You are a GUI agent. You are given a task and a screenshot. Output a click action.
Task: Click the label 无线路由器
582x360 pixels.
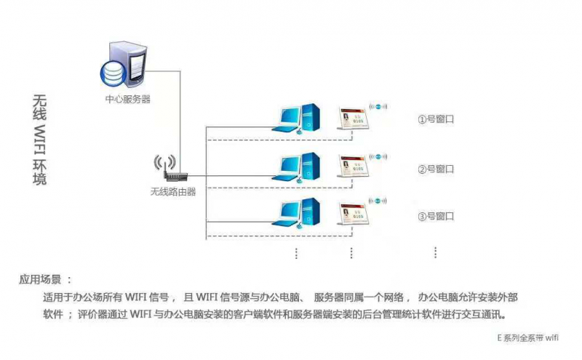pyautogui.click(x=172, y=191)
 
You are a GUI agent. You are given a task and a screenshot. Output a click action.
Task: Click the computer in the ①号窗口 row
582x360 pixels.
pyautogui.click(x=300, y=116)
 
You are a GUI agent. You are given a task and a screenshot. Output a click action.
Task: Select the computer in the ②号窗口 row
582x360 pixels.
pyautogui.click(x=300, y=165)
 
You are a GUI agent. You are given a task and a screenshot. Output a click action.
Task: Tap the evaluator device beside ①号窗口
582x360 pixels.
pyautogui.click(x=354, y=118)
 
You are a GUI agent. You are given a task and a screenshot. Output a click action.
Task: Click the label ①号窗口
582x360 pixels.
pyautogui.click(x=435, y=119)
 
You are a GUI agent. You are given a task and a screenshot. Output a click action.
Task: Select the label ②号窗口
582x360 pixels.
pyautogui.click(x=435, y=169)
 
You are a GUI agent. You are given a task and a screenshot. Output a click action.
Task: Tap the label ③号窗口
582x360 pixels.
pyautogui.click(x=435, y=216)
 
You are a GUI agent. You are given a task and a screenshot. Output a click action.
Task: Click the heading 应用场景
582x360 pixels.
pyautogui.click(x=45, y=279)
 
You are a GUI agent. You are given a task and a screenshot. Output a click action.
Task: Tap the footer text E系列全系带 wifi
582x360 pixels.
pyautogui.click(x=527, y=337)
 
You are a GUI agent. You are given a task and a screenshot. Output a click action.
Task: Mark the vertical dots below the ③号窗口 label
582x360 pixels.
pyautogui.click(x=435, y=252)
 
